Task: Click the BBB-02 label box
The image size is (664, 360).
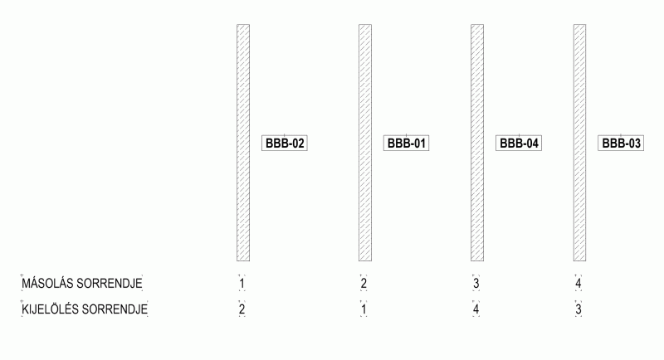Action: [x=285, y=143]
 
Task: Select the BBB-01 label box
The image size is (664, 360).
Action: [x=407, y=143]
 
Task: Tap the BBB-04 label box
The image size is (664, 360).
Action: [x=519, y=143]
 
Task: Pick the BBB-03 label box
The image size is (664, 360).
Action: [x=621, y=143]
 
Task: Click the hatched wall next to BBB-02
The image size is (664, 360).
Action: [x=243, y=143]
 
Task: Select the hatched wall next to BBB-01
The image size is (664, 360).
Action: [x=365, y=143]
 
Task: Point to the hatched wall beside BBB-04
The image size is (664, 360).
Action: [x=477, y=143]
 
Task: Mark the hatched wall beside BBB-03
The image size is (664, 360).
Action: [x=579, y=143]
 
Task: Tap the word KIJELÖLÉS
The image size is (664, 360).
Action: [x=51, y=309]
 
